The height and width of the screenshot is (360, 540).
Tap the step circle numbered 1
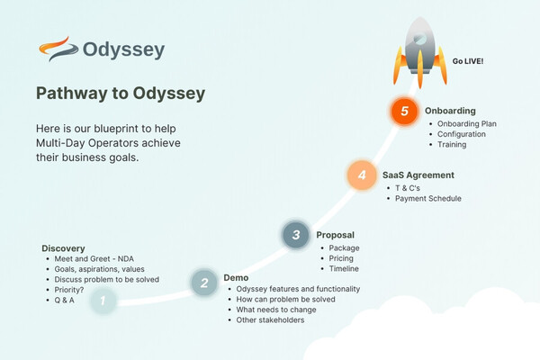tap(103, 301)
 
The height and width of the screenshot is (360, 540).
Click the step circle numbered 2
tap(204, 283)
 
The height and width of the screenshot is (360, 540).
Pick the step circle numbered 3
tap(295, 236)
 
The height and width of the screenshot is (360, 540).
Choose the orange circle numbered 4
tap(362, 175)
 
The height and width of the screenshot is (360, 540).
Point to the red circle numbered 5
tap(405, 112)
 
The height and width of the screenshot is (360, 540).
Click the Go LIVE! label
tap(468, 61)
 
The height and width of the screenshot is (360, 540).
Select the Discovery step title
tap(63, 248)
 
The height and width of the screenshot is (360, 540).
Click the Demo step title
tap(236, 278)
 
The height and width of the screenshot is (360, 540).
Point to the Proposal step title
tap(335, 235)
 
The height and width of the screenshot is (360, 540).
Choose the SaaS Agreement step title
tap(418, 175)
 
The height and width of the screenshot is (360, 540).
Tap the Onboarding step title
tap(450, 111)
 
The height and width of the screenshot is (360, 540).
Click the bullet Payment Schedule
tap(428, 199)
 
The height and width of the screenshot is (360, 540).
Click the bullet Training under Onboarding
tap(453, 144)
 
